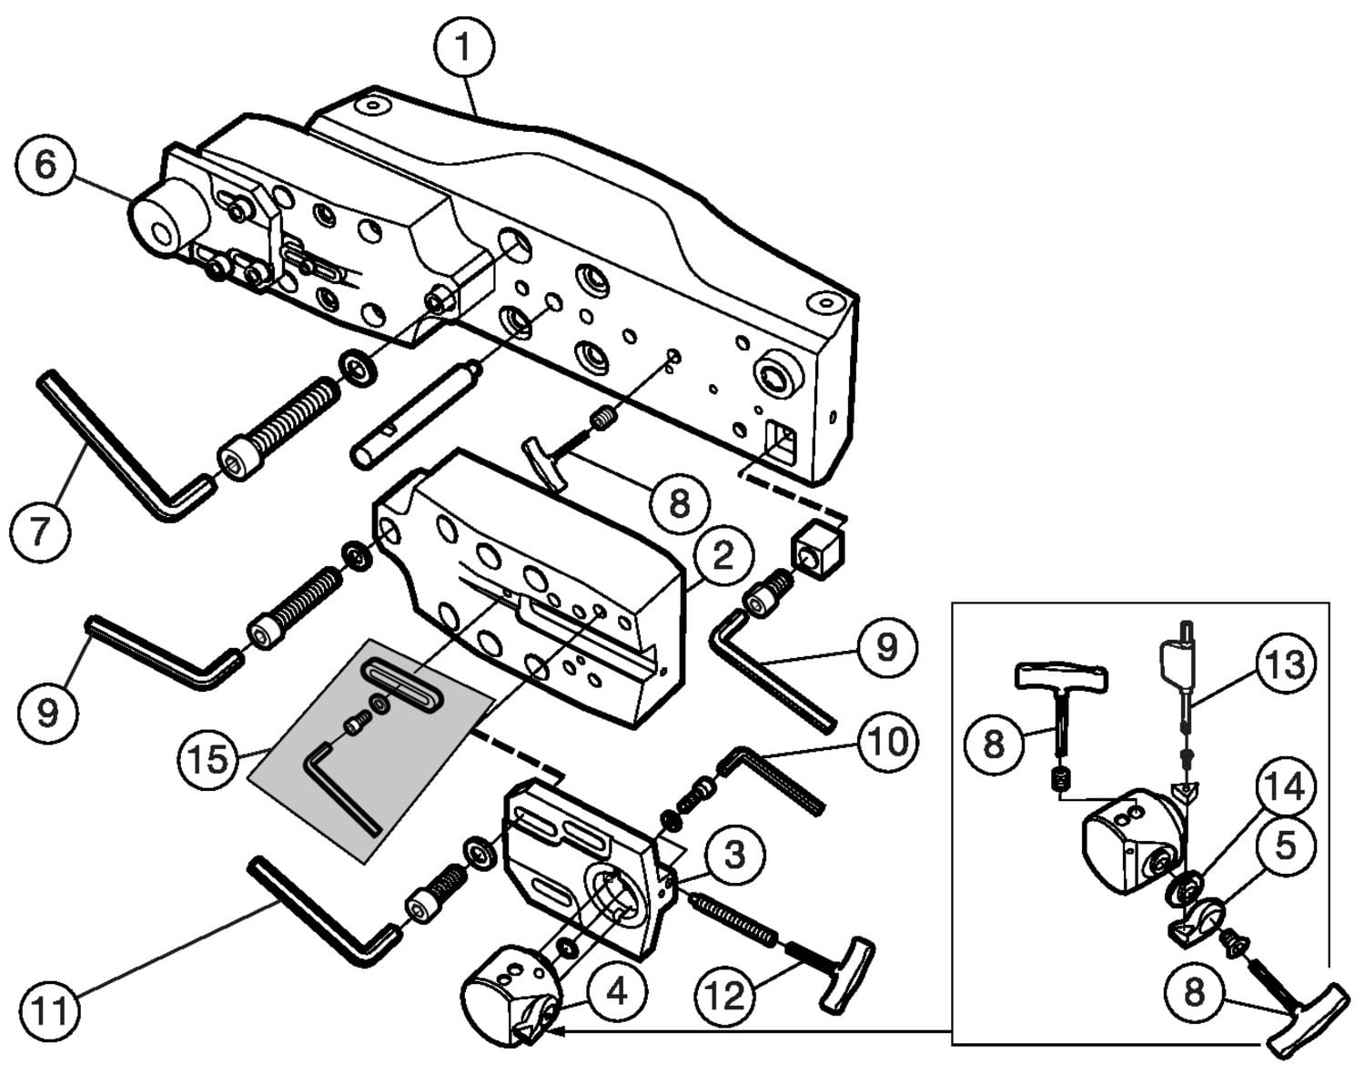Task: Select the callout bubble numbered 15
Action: (x=208, y=757)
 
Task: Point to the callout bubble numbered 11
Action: (x=50, y=1009)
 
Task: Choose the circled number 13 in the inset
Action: (x=1286, y=665)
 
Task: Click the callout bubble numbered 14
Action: (x=1286, y=786)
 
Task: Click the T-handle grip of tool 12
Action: (x=846, y=974)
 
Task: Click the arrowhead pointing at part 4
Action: (x=559, y=1031)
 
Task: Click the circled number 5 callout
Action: (x=1284, y=846)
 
